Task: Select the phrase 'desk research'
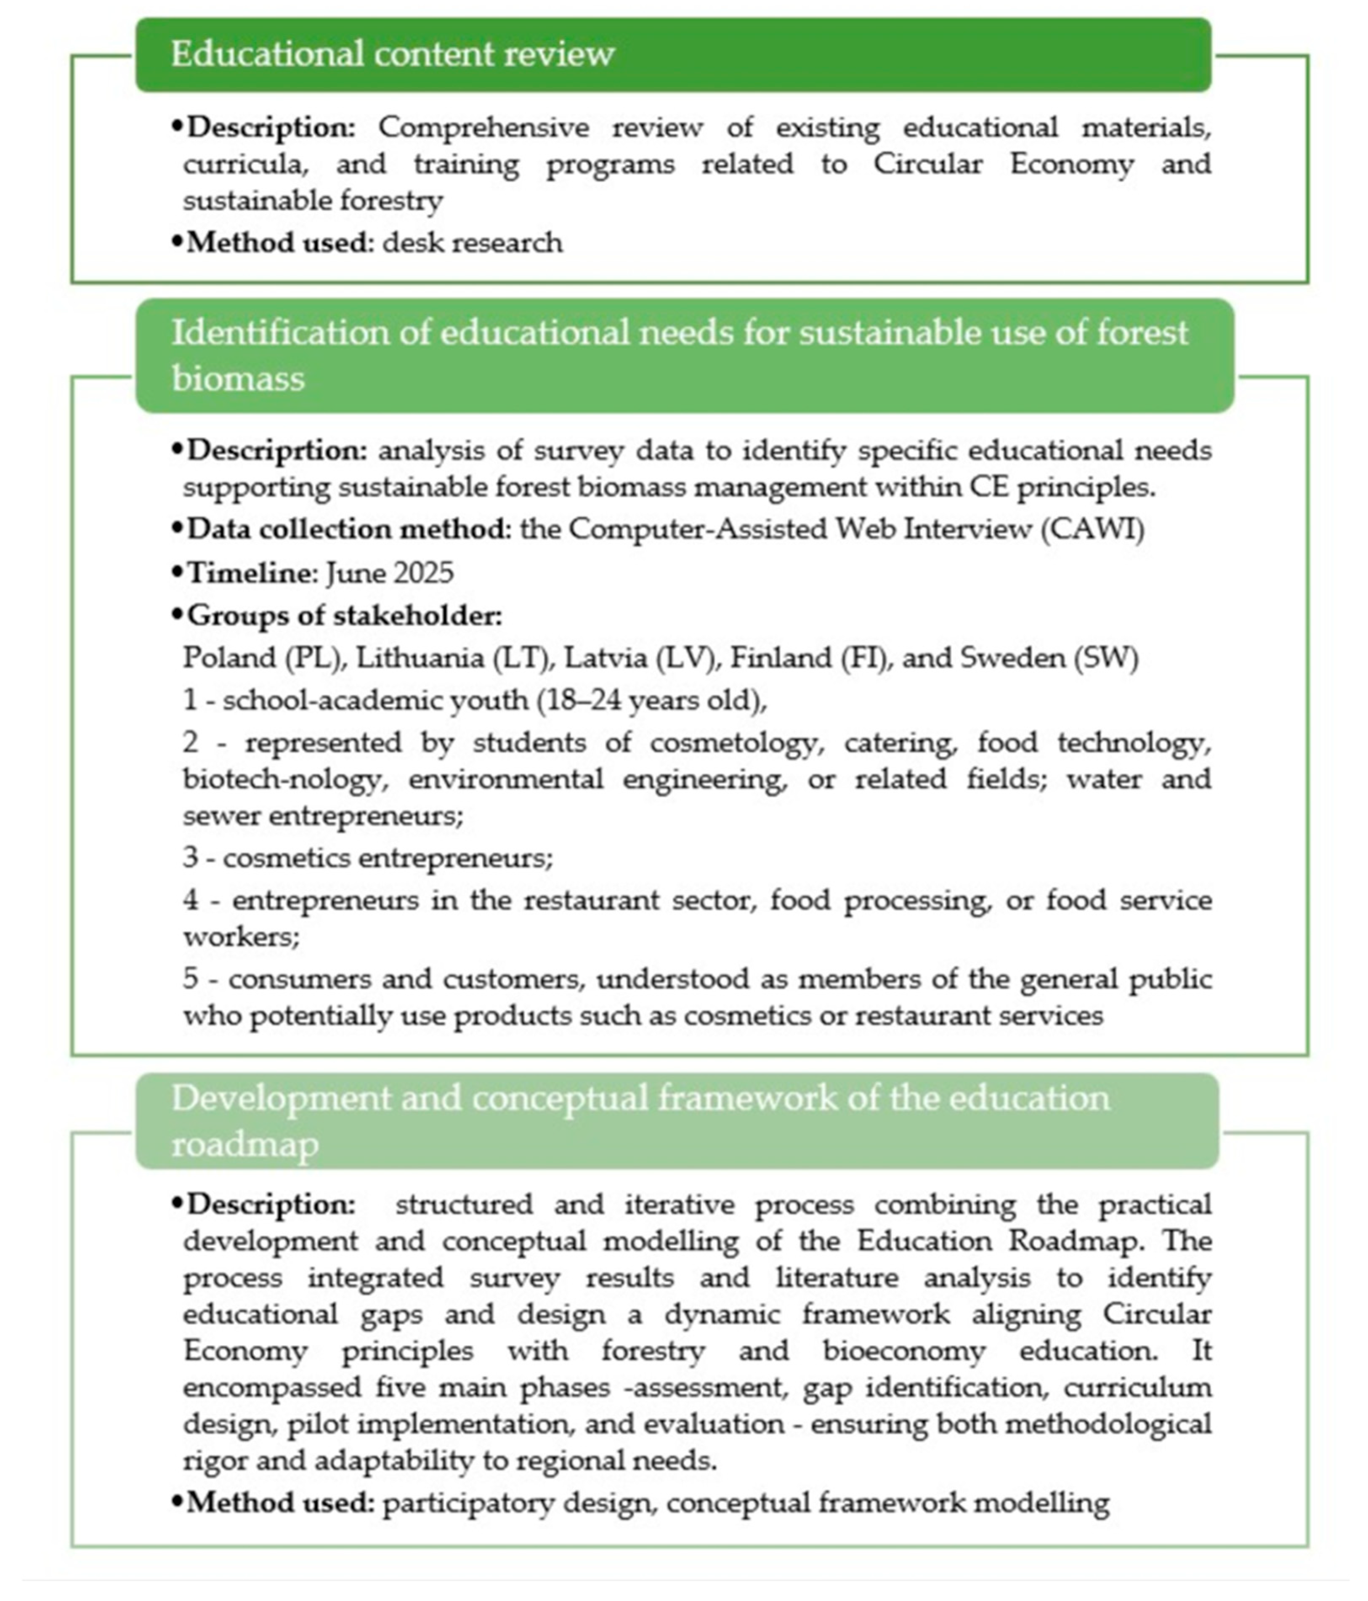[472, 242]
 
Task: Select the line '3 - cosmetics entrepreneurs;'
[368, 858]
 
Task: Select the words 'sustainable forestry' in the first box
[313, 201]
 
